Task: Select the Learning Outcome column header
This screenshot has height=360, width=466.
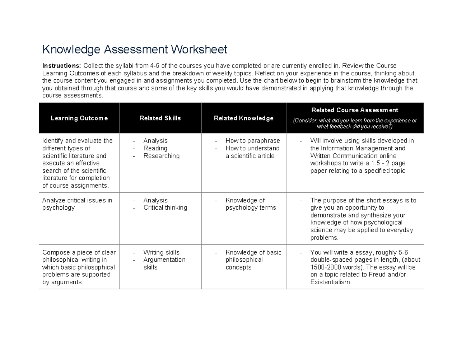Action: (79, 118)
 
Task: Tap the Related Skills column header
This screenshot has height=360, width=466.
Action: (160, 118)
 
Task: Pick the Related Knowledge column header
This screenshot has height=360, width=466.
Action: (243, 118)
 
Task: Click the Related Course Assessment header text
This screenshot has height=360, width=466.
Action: (355, 110)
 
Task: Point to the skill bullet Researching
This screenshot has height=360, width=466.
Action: (161, 156)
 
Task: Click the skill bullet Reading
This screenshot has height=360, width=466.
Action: (155, 148)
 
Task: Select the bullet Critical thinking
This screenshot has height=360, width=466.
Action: (165, 208)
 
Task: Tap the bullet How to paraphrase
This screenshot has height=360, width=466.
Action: (252, 141)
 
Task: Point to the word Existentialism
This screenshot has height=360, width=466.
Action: (330, 282)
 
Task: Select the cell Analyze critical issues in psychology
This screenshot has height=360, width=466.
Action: (77, 204)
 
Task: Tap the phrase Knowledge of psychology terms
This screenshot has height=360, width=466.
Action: (250, 204)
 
